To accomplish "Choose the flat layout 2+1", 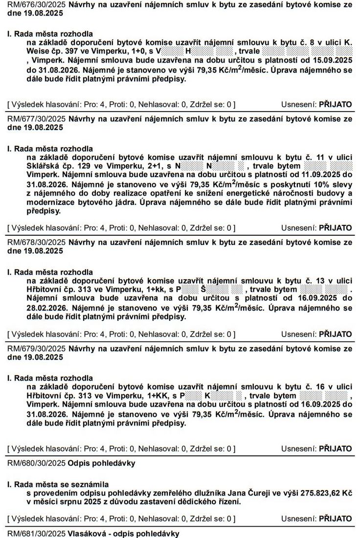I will [x=149, y=165].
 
